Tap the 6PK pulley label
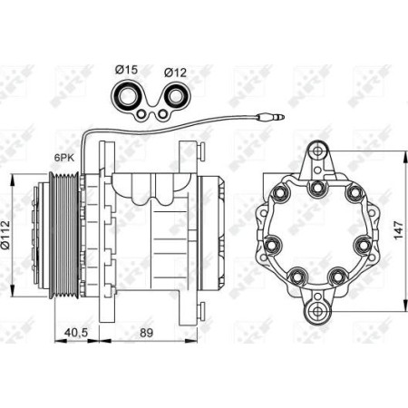coord(64,155)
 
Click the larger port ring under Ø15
coord(127,95)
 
